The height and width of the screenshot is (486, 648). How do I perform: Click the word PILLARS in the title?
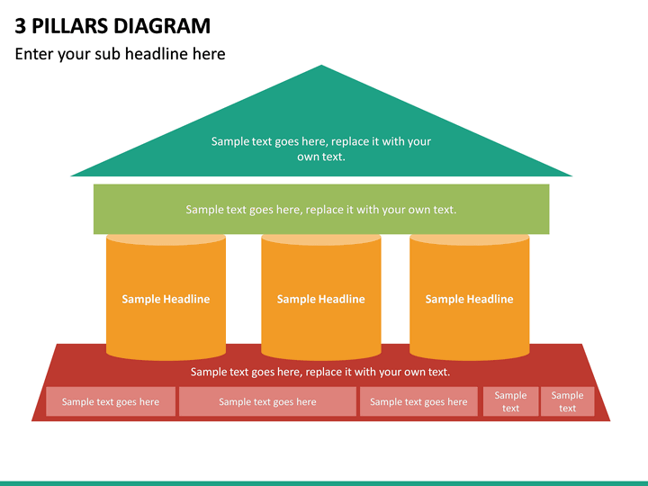70,26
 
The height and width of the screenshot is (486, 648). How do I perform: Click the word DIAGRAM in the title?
162,26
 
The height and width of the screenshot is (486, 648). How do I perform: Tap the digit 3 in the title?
20,26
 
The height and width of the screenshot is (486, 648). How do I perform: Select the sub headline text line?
120,54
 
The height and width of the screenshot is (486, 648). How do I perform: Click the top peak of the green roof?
321,66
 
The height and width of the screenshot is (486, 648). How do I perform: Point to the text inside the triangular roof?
321,148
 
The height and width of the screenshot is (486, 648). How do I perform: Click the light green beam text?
321,210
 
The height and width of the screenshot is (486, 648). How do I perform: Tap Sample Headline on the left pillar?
166,299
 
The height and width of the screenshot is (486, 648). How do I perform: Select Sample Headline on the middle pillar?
321,299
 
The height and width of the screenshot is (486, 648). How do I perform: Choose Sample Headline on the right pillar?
470,299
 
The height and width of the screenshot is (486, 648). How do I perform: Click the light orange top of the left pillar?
166,239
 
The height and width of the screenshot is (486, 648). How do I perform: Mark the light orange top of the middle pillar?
321,239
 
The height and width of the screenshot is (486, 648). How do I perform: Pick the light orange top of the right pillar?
470,239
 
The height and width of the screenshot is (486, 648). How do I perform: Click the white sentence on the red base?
320,372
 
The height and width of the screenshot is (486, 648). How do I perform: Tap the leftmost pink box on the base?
111,401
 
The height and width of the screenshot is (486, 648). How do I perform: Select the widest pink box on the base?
267,401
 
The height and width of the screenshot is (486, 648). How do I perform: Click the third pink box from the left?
418,401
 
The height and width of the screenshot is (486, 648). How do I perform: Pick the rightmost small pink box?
567,401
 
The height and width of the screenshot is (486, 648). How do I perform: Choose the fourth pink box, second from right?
511,401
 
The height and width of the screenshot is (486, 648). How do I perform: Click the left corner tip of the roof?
71,175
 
